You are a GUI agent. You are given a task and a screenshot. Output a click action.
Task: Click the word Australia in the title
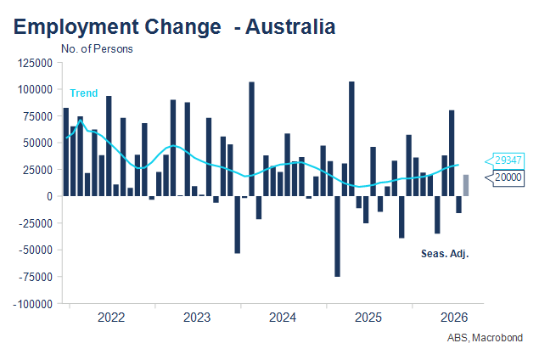[290, 26]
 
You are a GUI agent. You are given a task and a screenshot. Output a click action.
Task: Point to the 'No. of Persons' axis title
[97, 49]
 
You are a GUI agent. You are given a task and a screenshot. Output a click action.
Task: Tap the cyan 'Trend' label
[83, 93]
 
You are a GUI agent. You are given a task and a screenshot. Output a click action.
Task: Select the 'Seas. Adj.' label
[445, 254]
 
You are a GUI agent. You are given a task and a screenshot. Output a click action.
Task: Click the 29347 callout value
[508, 160]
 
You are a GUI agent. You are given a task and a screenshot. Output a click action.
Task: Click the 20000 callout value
[508, 177]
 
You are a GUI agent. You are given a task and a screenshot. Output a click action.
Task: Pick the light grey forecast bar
[466, 185]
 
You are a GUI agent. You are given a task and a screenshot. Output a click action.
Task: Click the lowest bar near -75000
[337, 236]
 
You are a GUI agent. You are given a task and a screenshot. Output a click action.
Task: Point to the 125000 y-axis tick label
[35, 64]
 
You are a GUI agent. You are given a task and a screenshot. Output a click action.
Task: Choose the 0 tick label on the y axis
[50, 197]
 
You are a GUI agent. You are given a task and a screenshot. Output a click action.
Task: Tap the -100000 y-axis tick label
[33, 304]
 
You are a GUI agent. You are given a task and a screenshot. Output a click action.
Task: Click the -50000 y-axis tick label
[36, 250]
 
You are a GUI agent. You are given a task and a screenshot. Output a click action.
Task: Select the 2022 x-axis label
[111, 318]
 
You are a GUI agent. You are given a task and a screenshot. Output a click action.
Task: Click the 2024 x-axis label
[283, 318]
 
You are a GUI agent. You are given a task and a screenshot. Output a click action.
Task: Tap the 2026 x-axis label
[454, 318]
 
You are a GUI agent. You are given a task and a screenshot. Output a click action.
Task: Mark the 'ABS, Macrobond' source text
[485, 338]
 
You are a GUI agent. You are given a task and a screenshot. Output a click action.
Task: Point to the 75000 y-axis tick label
[38, 116]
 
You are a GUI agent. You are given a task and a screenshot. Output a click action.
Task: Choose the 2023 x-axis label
[197, 318]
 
